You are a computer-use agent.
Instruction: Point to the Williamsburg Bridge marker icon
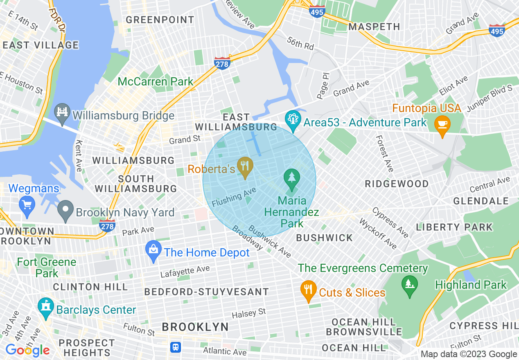[x=63, y=114]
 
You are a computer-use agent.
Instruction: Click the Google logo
[x=27, y=350]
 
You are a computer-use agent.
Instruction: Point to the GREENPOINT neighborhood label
[x=160, y=20]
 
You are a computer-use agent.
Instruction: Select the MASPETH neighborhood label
[x=374, y=27]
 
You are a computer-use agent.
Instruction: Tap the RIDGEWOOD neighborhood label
[x=397, y=184]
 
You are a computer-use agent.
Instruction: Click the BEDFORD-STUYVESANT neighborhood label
[x=207, y=292]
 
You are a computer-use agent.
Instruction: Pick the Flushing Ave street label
[x=234, y=197]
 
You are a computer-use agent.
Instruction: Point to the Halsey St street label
[x=249, y=314]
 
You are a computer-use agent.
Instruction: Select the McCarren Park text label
[x=155, y=81]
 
